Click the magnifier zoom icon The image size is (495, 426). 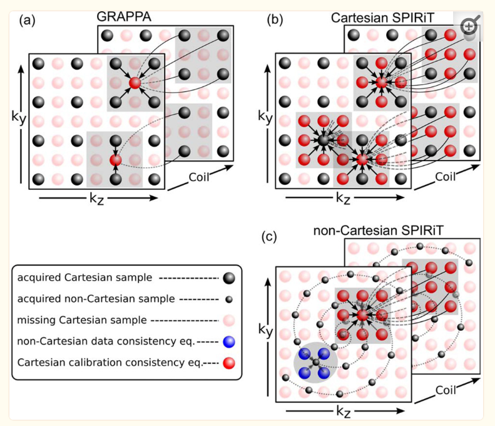pos(469,27)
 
